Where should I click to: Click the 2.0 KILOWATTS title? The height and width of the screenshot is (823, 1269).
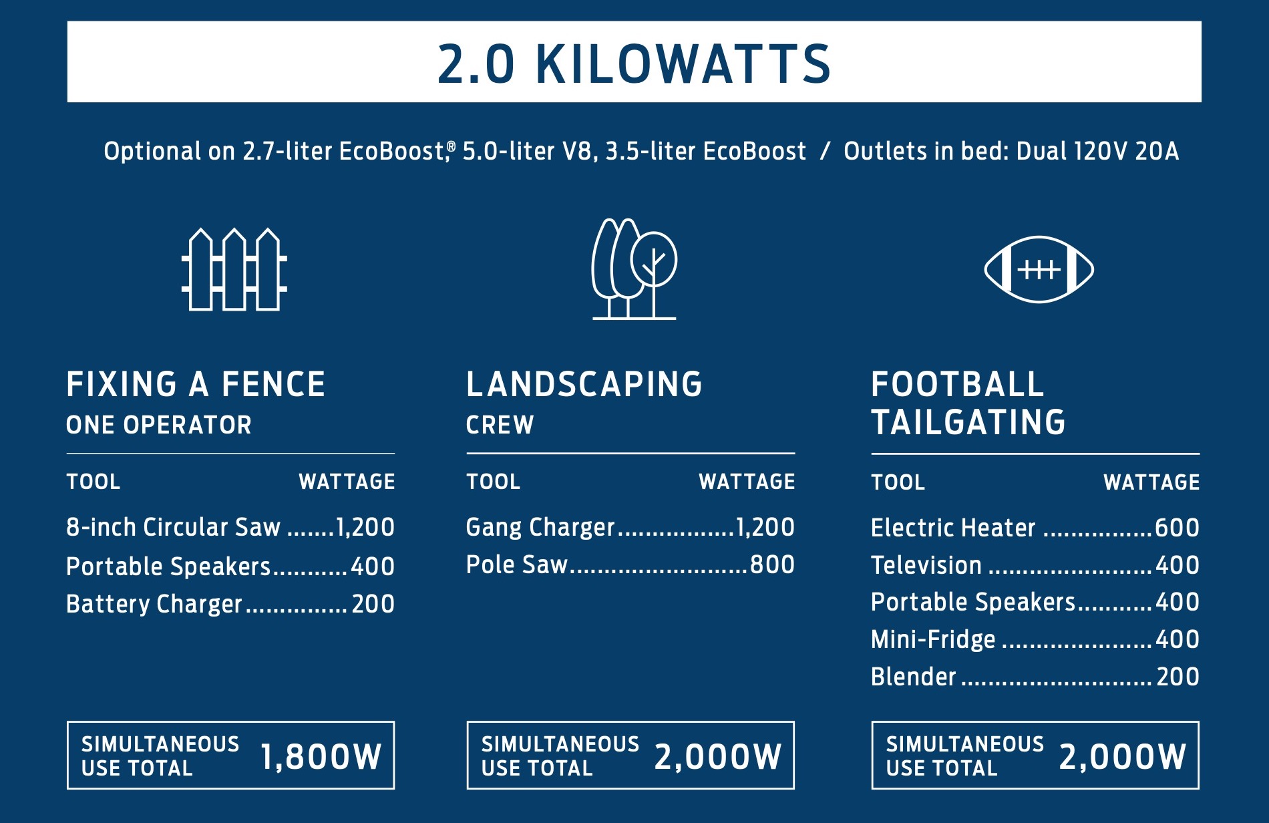634,64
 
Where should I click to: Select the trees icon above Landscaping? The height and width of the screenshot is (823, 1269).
634,269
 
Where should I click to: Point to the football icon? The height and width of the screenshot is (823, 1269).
1039,269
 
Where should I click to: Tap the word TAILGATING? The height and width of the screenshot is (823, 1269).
968,422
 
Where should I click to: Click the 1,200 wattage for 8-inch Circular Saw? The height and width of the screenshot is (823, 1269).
365,527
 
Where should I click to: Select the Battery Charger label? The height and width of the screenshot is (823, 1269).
154,605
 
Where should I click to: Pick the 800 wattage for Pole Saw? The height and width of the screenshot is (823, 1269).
773,564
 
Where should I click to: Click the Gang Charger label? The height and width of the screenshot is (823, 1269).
540,528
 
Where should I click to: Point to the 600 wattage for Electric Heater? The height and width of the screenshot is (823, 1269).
1177,528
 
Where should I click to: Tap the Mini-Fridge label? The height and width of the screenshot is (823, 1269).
933,640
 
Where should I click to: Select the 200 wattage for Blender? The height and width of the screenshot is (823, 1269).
1178,677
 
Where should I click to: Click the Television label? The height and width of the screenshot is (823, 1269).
926,565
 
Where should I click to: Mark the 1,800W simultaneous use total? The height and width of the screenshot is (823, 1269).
321,757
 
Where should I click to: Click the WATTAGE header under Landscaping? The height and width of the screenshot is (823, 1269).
747,482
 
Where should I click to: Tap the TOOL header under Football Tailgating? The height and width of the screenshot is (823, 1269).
898,482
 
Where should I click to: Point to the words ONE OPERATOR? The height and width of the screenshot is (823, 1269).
159,425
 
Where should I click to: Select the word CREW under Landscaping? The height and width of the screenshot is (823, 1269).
500,425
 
